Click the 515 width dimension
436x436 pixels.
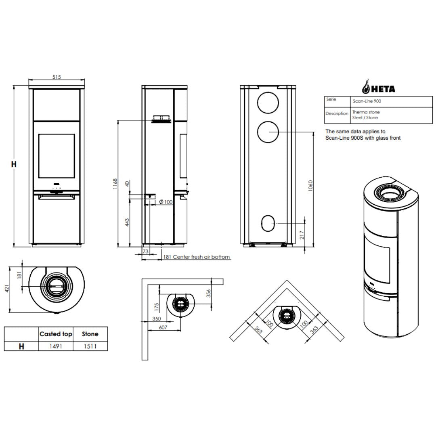(x=57, y=77)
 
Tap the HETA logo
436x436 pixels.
(x=378, y=87)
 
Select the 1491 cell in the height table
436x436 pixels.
(x=56, y=346)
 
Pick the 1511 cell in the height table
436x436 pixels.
(x=90, y=346)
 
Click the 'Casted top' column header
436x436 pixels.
(x=56, y=334)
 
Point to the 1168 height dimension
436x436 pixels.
(x=115, y=184)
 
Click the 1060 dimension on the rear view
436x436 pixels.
(x=310, y=185)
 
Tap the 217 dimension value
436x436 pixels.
(x=302, y=235)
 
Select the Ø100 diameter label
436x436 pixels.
(x=166, y=202)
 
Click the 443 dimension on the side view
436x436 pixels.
(x=127, y=222)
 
